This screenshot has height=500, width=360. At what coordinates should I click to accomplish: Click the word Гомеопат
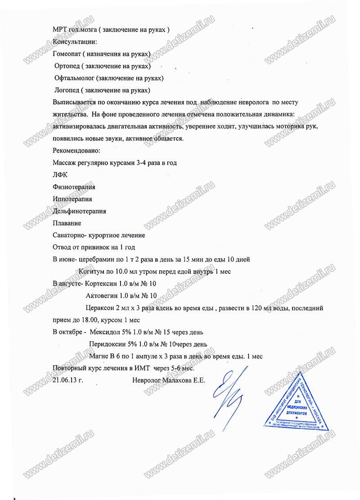coord(68,55)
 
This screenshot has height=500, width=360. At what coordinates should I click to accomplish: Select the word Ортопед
coord(67,66)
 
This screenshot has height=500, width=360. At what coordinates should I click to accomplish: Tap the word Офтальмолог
coord(73,78)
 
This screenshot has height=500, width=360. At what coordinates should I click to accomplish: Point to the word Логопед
coord(67,90)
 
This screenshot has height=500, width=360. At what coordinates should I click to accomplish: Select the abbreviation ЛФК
coord(59,175)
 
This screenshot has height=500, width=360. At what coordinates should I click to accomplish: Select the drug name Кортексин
coord(99,284)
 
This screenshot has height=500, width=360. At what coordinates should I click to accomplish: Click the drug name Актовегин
coord(101,296)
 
